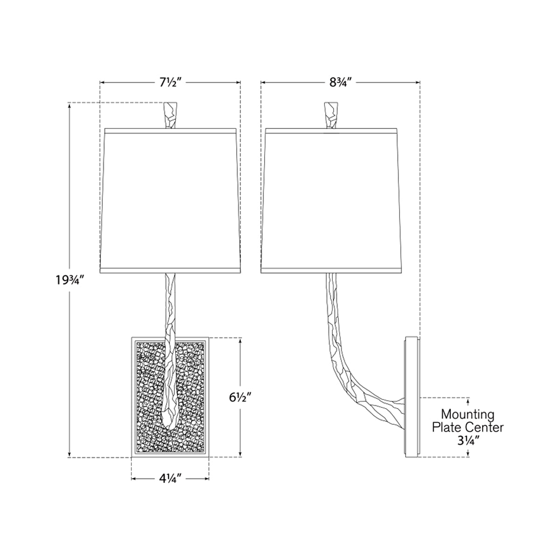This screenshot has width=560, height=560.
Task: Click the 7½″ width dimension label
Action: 170,83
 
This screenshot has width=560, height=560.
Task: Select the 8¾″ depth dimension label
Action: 341,83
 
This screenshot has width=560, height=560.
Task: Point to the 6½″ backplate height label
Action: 240,397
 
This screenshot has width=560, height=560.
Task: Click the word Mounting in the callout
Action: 468,414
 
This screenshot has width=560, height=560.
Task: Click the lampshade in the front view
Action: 171,201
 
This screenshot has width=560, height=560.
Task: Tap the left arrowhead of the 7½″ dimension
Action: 102,83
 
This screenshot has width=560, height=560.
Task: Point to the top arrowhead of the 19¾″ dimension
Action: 70,105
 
